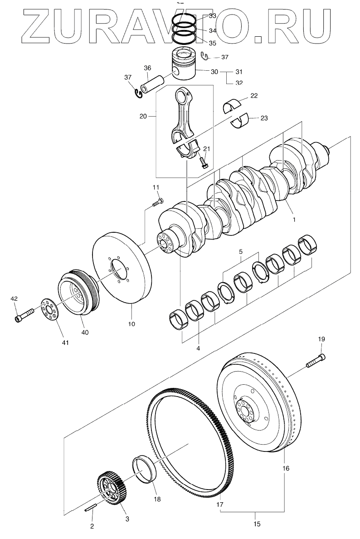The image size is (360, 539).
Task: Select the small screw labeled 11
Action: pyautogui.click(x=158, y=202)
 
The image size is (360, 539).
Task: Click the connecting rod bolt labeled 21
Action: pyautogui.click(x=204, y=162)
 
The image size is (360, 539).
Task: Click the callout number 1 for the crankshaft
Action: pyautogui.click(x=294, y=219)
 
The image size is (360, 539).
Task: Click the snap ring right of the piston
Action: pyautogui.click(x=205, y=56)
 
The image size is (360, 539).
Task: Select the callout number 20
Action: pyautogui.click(x=143, y=116)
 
